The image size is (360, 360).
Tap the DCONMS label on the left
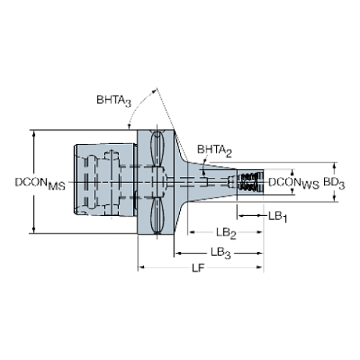click(x=41, y=183)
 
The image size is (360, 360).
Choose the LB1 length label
click(x=278, y=215)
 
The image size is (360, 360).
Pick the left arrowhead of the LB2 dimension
click(x=190, y=233)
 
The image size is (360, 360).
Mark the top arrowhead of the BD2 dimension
click(x=335, y=165)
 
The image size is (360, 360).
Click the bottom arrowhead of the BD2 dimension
click(x=335, y=198)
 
